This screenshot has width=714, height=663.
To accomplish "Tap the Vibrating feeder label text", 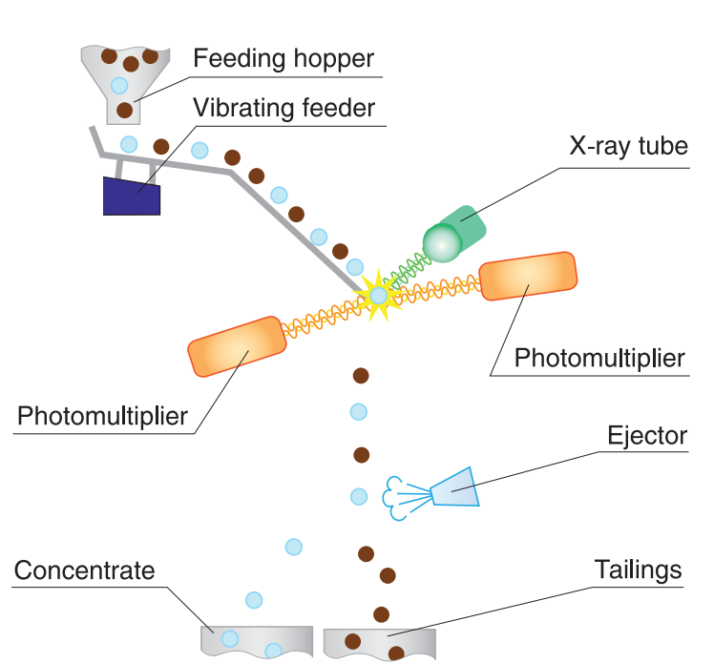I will (x=284, y=108).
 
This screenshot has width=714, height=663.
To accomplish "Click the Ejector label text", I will (x=647, y=436).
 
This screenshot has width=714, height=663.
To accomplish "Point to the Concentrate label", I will (x=85, y=570).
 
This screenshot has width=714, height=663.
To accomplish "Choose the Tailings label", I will (x=639, y=570).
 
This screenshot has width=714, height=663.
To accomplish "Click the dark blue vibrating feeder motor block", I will (x=132, y=197).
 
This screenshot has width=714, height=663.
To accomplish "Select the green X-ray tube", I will (x=456, y=232).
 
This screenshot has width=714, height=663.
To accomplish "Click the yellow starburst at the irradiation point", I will (x=378, y=296).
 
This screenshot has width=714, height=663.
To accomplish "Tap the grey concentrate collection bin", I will (x=258, y=640).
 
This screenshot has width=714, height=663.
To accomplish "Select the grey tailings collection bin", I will (x=379, y=642).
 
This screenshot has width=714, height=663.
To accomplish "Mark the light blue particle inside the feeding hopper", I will (x=119, y=85).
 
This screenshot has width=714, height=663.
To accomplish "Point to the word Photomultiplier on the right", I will (x=599, y=358).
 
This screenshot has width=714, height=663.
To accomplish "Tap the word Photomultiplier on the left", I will (x=103, y=416).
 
